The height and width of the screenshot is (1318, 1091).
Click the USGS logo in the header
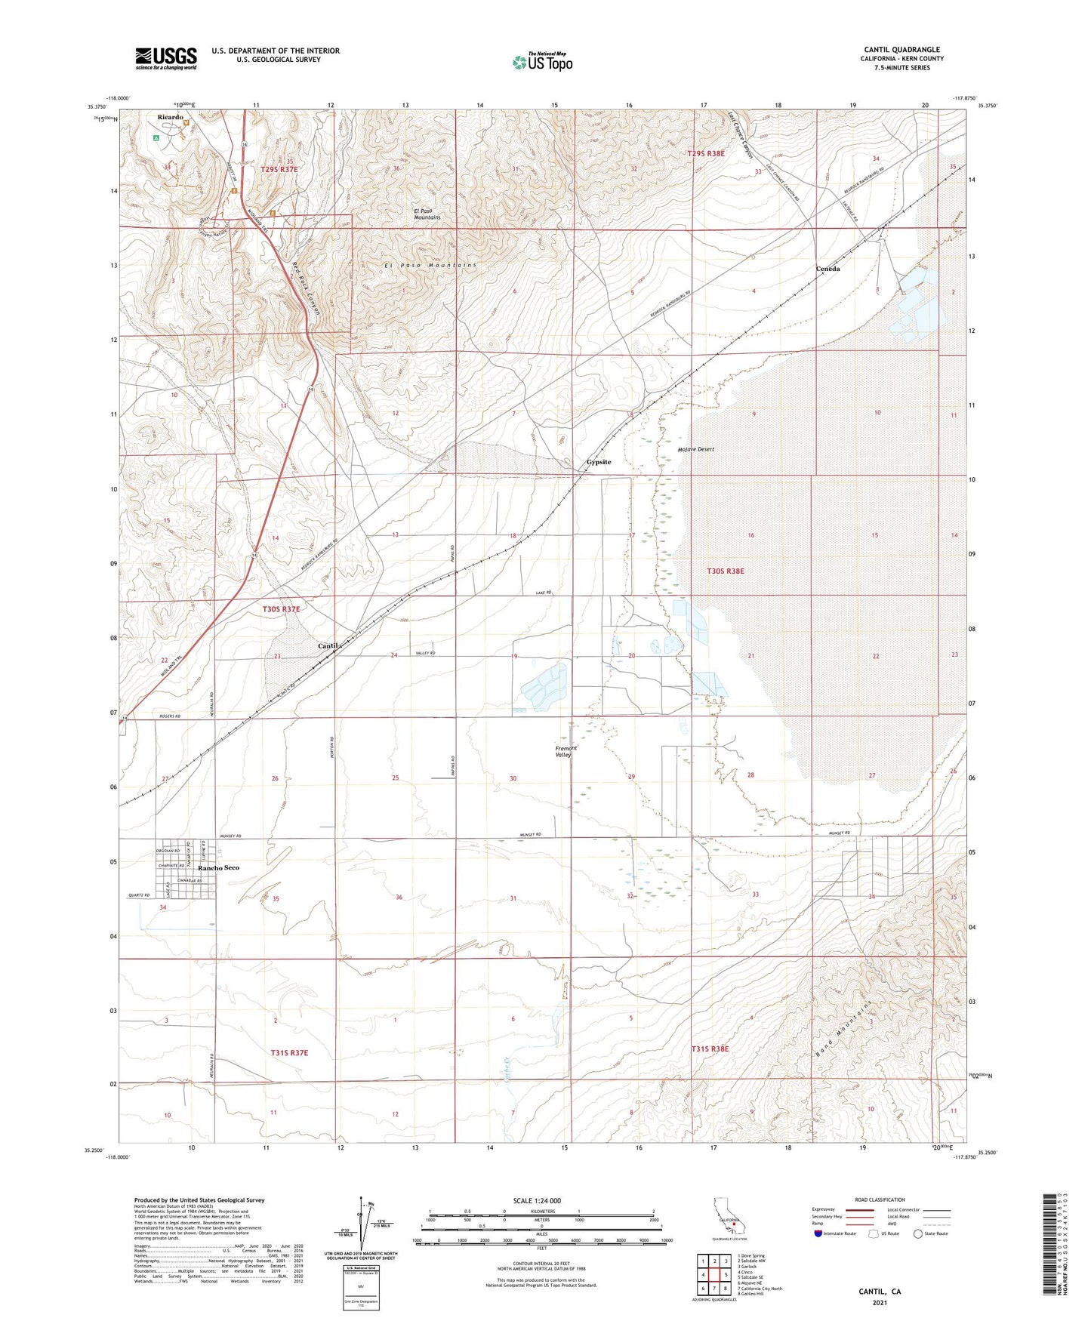tap(165, 58)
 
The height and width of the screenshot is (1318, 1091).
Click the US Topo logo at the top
tap(542, 62)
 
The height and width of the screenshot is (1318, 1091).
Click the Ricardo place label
tap(170, 117)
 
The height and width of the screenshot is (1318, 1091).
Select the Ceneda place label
tap(827, 269)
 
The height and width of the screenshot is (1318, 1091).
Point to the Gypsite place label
tap(599, 462)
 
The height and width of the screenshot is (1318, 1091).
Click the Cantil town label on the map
tap(328, 646)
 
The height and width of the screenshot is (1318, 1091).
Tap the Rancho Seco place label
tap(219, 868)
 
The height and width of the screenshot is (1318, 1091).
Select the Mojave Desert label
tap(695, 449)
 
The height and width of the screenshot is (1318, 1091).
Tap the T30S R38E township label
tap(725, 571)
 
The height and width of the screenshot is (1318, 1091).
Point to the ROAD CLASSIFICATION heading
tap(880, 1199)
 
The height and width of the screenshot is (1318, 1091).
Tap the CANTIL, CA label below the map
tap(880, 1292)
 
